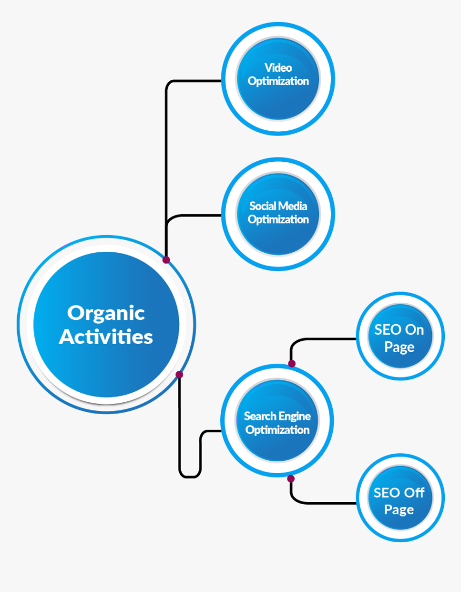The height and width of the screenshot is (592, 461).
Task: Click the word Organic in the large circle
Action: pos(106,313)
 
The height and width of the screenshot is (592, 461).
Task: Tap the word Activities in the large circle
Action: pos(106,337)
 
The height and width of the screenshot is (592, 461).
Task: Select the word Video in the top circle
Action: pos(278,68)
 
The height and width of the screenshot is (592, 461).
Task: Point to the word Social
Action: pos(263,206)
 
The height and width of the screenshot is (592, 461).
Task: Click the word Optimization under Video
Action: pos(278,81)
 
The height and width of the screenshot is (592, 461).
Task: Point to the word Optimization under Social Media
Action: pos(278,220)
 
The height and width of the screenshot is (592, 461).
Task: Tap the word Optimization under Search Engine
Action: pos(278,430)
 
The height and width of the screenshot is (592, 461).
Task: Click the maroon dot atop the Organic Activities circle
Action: pos(166,260)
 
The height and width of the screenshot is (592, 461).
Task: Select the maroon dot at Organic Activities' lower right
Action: pos(179,374)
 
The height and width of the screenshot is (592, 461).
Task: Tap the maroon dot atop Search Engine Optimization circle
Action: pos(292,364)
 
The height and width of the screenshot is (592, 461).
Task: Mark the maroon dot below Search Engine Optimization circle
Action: pos(291,478)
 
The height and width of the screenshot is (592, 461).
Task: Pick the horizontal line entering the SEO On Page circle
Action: pos(327,339)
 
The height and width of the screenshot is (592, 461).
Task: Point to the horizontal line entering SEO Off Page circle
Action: pos(327,503)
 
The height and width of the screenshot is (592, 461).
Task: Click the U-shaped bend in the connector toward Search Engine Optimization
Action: pos(190,476)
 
